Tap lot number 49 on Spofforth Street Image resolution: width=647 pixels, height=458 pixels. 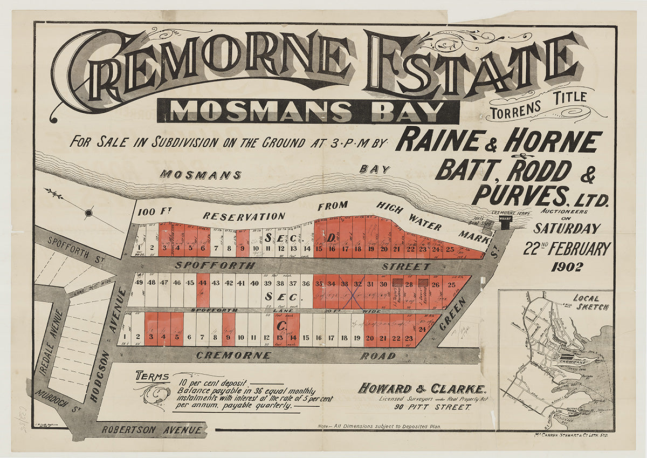pos(140,283)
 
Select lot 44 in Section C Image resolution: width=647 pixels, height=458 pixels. pos(203,283)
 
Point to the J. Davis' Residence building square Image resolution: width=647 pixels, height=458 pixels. pos(423,282)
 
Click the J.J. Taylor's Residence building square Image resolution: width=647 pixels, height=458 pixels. pos(397,282)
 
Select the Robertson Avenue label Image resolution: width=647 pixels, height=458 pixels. pos(153,430)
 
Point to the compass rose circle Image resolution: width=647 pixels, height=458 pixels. pos(89,214)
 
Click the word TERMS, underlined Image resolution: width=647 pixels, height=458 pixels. pos(153,376)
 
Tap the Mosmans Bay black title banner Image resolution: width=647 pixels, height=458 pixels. pos(308,112)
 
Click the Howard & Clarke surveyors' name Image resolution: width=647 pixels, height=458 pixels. pos(423,388)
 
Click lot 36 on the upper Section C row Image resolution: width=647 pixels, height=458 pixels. pos(306,283)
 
